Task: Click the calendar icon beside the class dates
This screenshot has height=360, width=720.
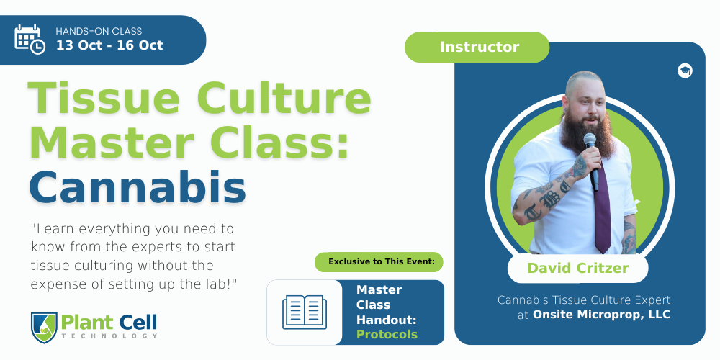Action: point(30,39)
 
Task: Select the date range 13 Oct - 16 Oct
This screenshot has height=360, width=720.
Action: point(109,45)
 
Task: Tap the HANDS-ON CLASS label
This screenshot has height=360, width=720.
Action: point(99,31)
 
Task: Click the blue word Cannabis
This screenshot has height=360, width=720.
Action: point(138,187)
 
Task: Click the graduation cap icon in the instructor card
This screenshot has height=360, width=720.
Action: point(685,71)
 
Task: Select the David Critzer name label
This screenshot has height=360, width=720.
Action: point(577,268)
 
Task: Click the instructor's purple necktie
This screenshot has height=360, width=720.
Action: point(603,210)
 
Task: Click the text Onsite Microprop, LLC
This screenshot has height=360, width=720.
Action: point(601,315)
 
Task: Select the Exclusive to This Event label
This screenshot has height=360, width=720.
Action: point(381,262)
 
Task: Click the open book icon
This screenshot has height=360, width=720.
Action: point(305,312)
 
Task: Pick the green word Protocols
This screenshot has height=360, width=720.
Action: point(387,334)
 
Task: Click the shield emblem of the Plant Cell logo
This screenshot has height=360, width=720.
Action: point(44,327)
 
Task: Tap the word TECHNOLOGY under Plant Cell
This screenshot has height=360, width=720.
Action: point(109,336)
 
